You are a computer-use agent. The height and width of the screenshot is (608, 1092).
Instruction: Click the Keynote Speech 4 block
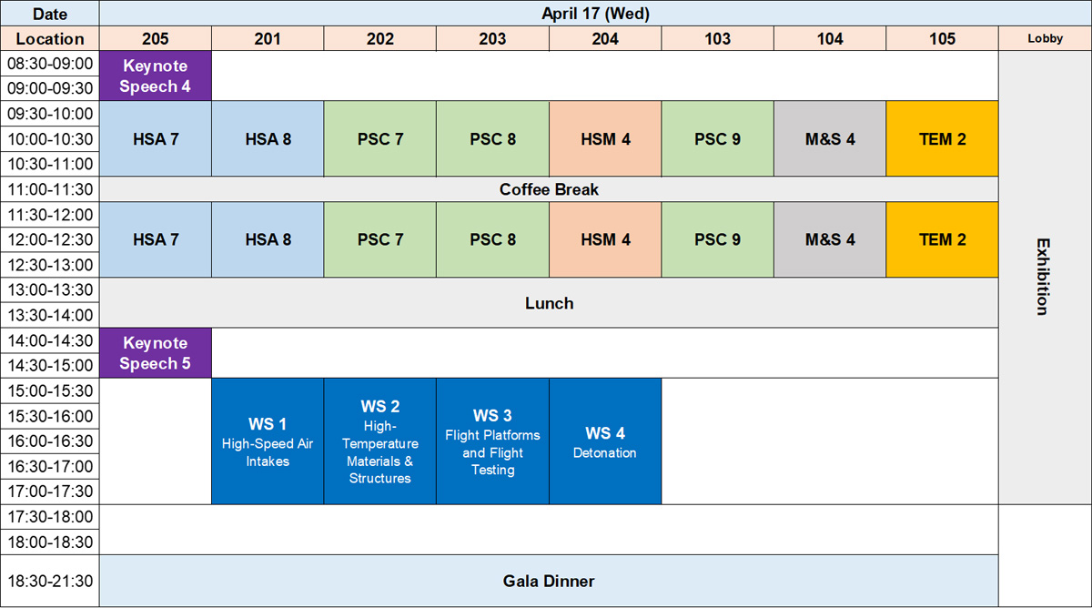pyautogui.click(x=156, y=76)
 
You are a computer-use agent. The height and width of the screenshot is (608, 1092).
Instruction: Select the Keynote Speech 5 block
pyautogui.click(x=156, y=353)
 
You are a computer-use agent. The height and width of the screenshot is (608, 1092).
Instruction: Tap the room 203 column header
pyautogui.click(x=492, y=38)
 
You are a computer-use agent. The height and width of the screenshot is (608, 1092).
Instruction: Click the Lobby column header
pyautogui.click(x=1045, y=38)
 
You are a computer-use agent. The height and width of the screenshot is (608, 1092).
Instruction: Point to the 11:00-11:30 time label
pyautogui.click(x=50, y=189)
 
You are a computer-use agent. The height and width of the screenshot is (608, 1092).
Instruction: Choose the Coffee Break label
pyautogui.click(x=549, y=189)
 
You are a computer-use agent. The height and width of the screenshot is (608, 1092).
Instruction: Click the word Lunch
pyautogui.click(x=549, y=303)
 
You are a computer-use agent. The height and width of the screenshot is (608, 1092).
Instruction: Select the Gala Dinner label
pyautogui.click(x=549, y=582)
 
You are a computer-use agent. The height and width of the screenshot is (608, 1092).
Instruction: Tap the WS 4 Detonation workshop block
pyautogui.click(x=605, y=441)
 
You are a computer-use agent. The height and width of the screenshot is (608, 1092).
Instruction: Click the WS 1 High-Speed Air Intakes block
pyautogui.click(x=268, y=441)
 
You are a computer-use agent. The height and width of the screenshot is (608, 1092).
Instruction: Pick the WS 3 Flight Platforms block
pyautogui.click(x=492, y=441)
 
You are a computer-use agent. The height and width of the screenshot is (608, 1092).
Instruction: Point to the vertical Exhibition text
pyautogui.click(x=1043, y=277)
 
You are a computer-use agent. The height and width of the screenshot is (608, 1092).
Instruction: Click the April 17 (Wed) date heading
pyautogui.click(x=595, y=14)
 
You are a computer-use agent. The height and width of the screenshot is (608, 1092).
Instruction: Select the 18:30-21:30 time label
pyautogui.click(x=50, y=582)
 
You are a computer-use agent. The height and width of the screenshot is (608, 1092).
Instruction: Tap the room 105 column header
pyautogui.click(x=942, y=38)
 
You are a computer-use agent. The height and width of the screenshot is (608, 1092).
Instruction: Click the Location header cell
pyautogui.click(x=50, y=38)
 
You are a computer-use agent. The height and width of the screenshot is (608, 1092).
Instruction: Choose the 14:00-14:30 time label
pyautogui.click(x=50, y=340)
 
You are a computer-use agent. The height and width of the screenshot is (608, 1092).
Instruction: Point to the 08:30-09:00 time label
pyautogui.click(x=50, y=64)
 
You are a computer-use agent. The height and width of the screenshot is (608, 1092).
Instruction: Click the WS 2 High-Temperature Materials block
pyautogui.click(x=379, y=441)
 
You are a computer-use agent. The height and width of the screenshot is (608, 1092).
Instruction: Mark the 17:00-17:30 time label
pyautogui.click(x=50, y=491)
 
